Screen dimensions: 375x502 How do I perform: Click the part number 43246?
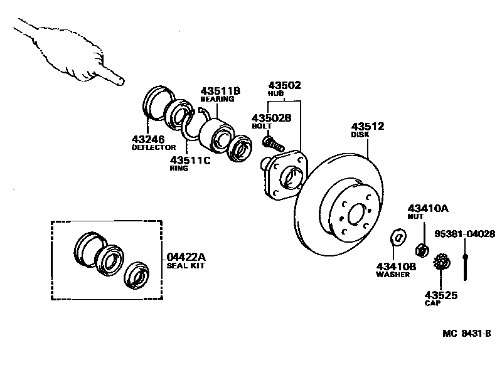coord(149,139)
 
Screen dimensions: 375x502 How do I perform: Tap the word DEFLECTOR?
coord(154,147)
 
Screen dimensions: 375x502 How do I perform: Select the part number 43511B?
coord(221,91)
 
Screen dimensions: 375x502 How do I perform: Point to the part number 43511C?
coord(191,160)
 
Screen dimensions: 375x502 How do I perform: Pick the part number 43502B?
coord(272,117)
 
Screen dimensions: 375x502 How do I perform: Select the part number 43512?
coord(368,126)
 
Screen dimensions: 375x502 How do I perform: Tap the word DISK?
coord(360,134)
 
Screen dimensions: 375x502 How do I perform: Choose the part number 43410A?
coord(429,208)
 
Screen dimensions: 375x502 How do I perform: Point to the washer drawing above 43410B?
coord(397,237)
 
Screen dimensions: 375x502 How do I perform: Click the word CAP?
coord(432,303)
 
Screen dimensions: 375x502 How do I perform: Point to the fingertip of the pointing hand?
coord(122,81)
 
